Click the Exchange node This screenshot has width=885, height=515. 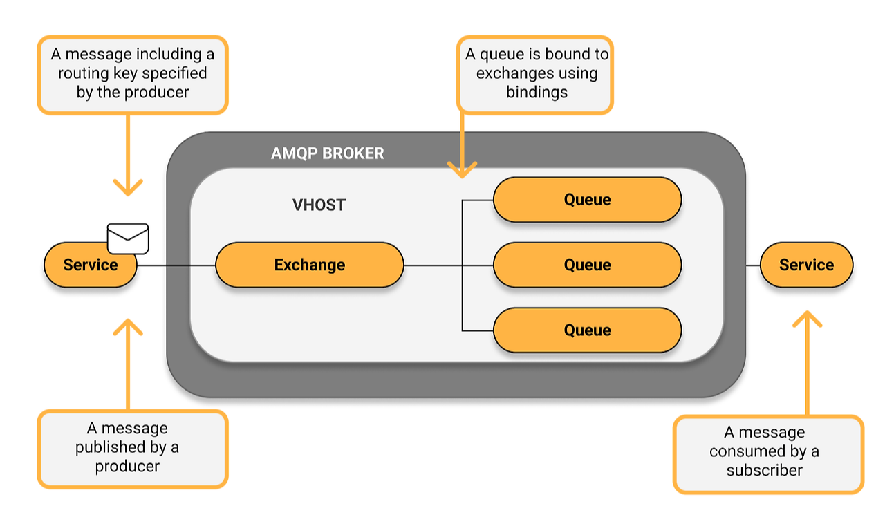tap(310, 265)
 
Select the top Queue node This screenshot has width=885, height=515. tap(588, 200)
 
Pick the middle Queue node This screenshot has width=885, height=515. tap(588, 265)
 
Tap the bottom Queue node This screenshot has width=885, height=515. tap(588, 330)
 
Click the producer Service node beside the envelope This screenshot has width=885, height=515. tap(90, 265)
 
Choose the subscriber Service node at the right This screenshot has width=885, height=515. tap(806, 265)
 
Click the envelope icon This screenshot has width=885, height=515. tap(128, 238)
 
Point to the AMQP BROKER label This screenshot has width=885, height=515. tap(328, 153)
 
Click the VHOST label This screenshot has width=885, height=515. tap(319, 205)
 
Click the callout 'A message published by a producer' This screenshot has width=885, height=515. tap(133, 449)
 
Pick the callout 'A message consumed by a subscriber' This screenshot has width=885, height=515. tap(768, 454)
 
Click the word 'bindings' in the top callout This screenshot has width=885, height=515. tap(537, 93)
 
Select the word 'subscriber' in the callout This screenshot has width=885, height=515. tap(765, 470)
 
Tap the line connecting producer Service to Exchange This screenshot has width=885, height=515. tap(176, 265)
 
